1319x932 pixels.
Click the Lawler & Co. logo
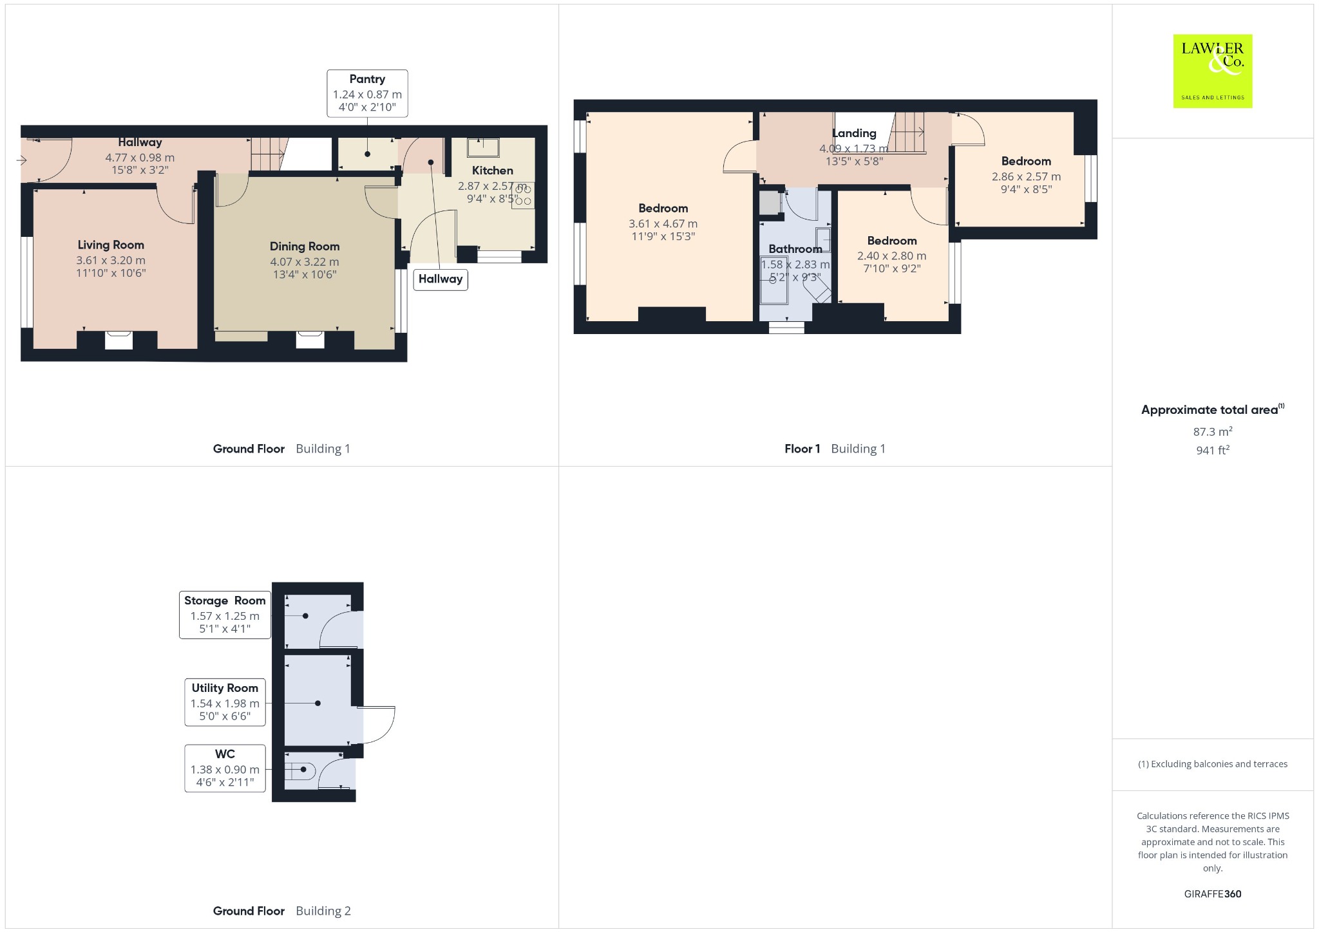coord(1213,71)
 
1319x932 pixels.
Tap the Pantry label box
coord(367,93)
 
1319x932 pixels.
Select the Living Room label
coord(111,245)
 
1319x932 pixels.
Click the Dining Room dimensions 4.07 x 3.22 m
coord(305,262)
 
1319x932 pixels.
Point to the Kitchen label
coord(493,171)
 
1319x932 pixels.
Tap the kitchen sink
coord(483,147)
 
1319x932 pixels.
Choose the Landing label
coord(854,133)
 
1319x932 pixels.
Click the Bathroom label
coord(795,249)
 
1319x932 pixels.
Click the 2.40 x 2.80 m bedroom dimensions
coord(892,256)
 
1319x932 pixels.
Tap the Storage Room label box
coord(225,615)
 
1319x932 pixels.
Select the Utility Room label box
coord(225,702)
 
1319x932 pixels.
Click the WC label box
coord(225,769)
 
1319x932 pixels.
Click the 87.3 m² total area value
coord(1213,431)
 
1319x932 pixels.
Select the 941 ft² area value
coord(1213,450)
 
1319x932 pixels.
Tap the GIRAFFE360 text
coord(1213,893)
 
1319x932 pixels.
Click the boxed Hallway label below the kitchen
coord(441,279)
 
